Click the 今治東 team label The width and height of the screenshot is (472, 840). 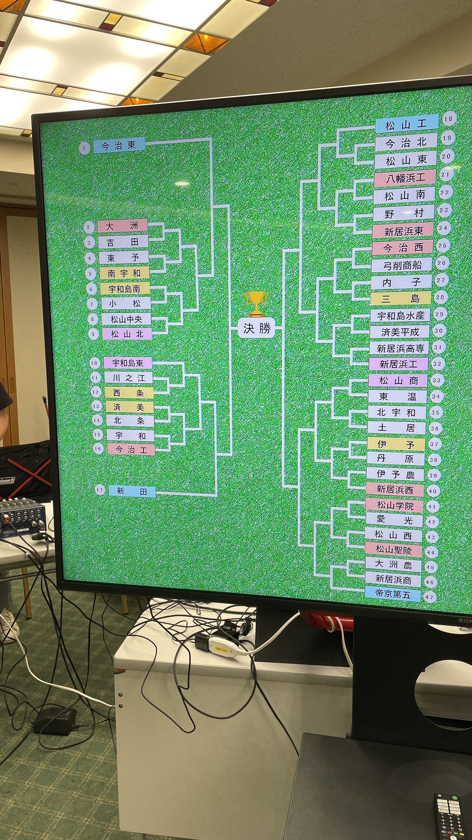coord(119,146)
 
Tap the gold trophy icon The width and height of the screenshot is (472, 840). coord(256,304)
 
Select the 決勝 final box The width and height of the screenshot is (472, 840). coord(257,329)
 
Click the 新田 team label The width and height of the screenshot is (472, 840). coord(132,491)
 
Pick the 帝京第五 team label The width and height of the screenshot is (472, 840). coord(393,594)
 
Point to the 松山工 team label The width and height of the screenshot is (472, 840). coord(406,124)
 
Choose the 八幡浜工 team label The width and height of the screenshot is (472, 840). coord(404,178)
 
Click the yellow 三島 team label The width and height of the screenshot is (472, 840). coord(401,299)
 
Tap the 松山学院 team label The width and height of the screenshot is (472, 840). coord(395,505)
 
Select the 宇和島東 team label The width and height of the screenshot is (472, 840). coord(127,363)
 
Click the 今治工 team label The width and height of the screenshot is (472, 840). coord(131,450)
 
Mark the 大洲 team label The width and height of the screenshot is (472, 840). coord(123,226)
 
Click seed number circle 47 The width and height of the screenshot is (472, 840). coord(429,597)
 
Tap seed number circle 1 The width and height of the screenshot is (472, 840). coord(84,148)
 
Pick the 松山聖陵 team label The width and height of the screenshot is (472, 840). coord(393,550)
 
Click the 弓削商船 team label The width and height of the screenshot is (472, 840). coord(402,265)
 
